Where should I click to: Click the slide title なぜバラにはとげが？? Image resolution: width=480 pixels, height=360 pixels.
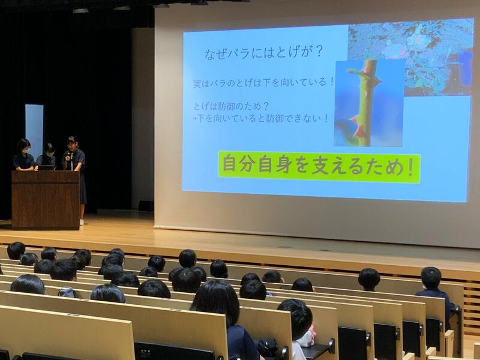tap(263, 52)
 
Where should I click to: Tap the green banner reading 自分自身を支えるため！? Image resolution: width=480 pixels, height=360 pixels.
tap(319, 167)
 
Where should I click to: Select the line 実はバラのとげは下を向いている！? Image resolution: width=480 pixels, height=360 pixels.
tap(263, 82)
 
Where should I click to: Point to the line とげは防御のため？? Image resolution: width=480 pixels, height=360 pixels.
tap(231, 106)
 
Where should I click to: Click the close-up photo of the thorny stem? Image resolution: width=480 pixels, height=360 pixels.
tap(369, 103)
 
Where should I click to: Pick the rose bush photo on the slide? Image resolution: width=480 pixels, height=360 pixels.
tap(410, 56)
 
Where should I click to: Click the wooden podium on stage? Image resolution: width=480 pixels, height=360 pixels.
tap(46, 200)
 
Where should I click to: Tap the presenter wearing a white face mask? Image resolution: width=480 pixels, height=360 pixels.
tap(23, 155)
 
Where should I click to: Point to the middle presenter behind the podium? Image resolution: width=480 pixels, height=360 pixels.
tap(47, 157)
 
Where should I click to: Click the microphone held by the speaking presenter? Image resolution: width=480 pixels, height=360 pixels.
tap(71, 161)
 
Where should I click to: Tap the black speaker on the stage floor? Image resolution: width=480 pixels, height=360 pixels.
tap(146, 206)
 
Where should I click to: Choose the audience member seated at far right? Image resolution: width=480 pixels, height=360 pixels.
tap(434, 293)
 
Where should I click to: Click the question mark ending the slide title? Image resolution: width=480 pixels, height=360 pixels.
tap(319, 51)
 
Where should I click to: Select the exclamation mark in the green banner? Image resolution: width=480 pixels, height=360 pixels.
tap(410, 167)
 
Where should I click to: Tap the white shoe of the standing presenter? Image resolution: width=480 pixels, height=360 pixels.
tap(82, 222)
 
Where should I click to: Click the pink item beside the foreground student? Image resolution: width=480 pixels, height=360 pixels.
tap(312, 333)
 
